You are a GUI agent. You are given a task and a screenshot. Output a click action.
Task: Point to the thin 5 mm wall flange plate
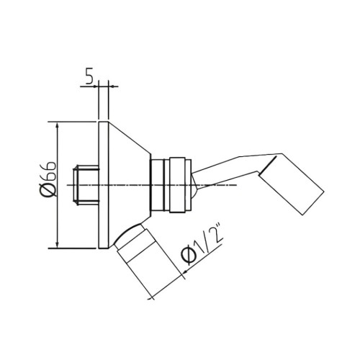(x=103, y=186)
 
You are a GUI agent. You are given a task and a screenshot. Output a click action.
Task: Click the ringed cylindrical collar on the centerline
(x=171, y=186)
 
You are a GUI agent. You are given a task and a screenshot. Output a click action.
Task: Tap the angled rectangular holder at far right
(x=292, y=184)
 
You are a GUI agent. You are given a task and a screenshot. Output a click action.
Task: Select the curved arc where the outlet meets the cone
(x=127, y=229)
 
